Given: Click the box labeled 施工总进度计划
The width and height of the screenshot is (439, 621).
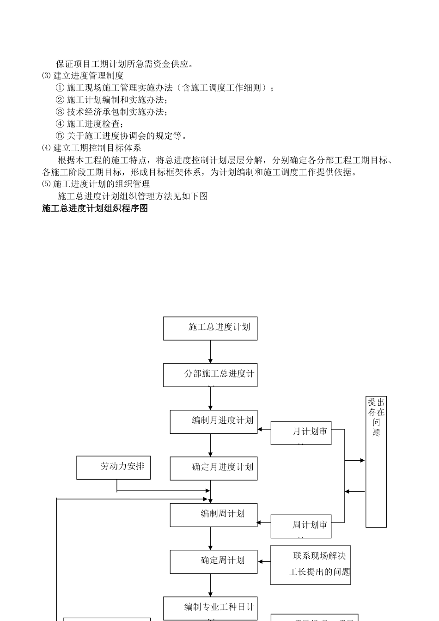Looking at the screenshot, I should tap(210, 329).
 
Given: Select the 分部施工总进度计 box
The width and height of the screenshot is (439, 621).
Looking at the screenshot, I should tap(210, 375).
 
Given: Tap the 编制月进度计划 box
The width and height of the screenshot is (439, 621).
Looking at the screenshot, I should tap(213, 422).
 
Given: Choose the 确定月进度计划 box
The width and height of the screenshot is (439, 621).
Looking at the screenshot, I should tap(213, 468).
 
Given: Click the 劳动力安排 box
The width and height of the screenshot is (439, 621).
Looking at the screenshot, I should tap(113, 467).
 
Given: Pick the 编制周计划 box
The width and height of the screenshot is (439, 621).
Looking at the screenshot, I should tap(213, 515).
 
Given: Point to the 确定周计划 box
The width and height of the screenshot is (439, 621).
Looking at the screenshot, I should tap(213, 561).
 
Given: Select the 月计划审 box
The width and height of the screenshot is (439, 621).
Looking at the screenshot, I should tap(301, 433).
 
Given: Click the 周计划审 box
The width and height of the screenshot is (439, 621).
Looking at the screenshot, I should tap(301, 526).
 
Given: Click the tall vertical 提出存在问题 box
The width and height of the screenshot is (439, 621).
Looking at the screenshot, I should tap(376, 462).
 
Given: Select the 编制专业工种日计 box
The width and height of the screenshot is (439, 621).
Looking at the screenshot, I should tap(210, 608).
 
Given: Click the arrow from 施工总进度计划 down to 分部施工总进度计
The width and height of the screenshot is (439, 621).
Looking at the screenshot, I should tap(210, 352).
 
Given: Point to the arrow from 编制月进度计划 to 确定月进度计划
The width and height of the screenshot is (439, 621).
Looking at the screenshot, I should tap(210, 445).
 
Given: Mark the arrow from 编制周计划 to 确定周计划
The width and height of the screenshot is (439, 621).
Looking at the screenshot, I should tap(210, 538).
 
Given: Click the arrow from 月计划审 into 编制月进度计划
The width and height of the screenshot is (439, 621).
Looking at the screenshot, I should tap(264, 429).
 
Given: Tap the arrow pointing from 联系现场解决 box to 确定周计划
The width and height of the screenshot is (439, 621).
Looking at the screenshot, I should tap(264, 562).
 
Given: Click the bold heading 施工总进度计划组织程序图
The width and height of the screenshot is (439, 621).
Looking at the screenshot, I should tap(95, 208).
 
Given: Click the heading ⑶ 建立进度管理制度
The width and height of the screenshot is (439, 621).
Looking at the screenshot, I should tap(83, 76).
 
